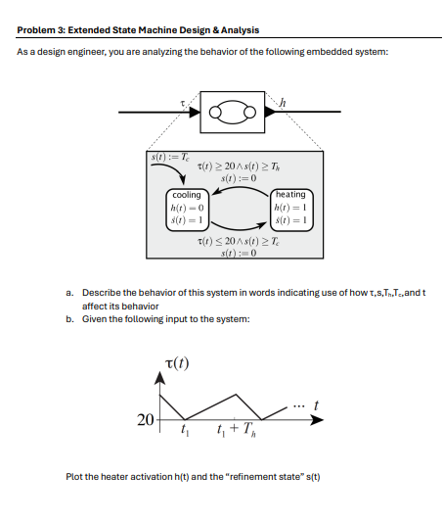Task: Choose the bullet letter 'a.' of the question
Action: [x=71, y=293]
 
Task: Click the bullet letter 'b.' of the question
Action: [x=71, y=319]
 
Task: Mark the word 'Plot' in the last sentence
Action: [x=74, y=476]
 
